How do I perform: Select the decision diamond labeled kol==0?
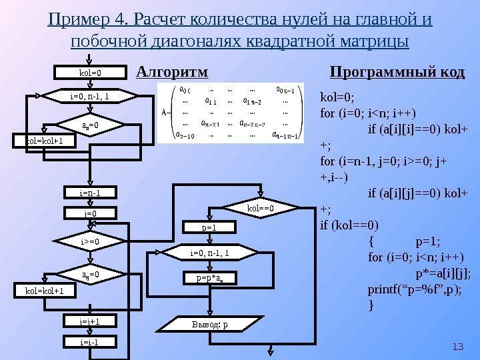click(261, 208)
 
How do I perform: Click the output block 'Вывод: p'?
click(210, 325)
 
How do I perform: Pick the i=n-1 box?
click(89, 193)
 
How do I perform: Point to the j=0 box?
click(89, 213)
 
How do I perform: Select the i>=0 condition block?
click(89, 241)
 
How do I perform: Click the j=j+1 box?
click(89, 321)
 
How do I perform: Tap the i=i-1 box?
click(89, 341)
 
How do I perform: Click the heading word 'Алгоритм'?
click(172, 71)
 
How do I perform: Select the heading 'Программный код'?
click(397, 71)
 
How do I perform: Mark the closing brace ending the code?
click(371, 305)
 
